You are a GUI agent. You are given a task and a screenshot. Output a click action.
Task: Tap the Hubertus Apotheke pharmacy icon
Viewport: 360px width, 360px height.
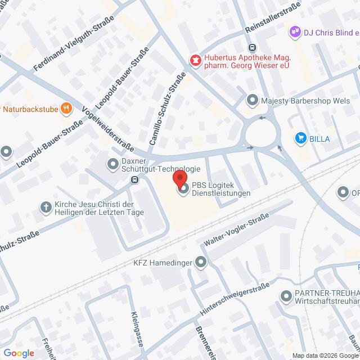click(x=195, y=60)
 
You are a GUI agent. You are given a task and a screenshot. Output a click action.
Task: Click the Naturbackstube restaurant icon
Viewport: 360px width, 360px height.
click(x=66, y=107)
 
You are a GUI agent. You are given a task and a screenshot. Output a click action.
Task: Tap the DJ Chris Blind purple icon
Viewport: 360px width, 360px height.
click(x=295, y=33)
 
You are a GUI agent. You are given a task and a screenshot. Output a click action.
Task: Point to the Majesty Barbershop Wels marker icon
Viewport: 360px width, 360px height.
click(x=253, y=101)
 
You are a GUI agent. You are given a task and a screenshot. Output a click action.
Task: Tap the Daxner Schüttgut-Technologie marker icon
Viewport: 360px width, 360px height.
click(x=112, y=164)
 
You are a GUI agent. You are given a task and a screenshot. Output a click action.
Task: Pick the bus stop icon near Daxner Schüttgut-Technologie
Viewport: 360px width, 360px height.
click(x=134, y=180)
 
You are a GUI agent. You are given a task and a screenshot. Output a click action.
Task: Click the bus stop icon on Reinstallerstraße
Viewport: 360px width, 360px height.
click(x=253, y=48)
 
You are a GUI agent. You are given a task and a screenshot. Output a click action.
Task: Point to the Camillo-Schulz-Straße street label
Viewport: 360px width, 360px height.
click(x=168, y=111)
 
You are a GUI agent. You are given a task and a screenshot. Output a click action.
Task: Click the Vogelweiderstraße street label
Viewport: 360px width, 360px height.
click(x=108, y=128)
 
